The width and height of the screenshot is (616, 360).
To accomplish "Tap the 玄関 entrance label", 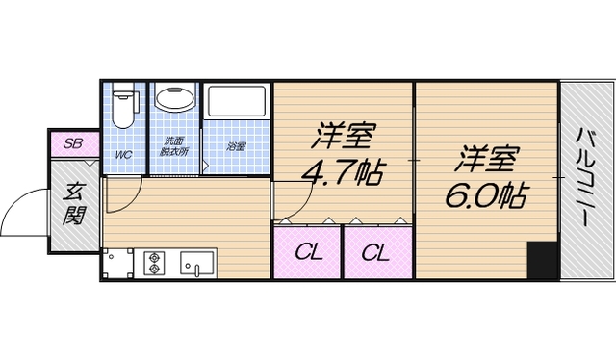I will click(x=73, y=203).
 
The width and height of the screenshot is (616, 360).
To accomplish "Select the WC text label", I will click(x=124, y=155).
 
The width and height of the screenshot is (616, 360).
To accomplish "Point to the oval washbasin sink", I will click(x=174, y=100).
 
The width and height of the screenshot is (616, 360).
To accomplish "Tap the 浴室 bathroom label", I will click(x=236, y=147).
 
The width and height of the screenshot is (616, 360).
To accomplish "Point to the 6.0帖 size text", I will click(x=485, y=197).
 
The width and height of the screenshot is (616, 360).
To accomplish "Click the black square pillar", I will click(x=542, y=260).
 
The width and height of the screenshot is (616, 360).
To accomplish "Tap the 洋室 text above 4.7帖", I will click(x=344, y=135).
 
